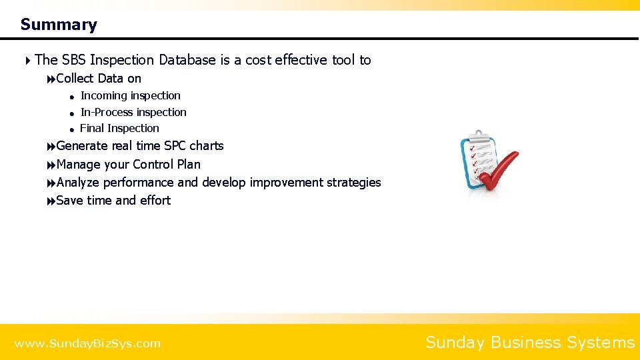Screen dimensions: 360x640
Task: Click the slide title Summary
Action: (59, 25)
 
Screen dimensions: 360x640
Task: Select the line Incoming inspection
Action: (130, 96)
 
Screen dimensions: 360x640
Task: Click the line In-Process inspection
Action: (133, 112)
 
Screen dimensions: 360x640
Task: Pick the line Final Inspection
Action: (119, 128)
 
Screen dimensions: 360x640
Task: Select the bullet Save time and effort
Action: (113, 200)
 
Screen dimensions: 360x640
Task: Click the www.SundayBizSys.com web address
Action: (87, 343)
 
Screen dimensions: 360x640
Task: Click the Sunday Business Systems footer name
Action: (530, 343)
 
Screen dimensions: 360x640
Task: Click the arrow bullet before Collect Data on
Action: (51, 79)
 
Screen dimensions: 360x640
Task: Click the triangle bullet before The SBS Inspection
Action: (28, 61)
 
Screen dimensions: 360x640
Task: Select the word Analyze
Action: (78, 182)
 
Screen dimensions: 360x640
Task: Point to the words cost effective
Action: (287, 60)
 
